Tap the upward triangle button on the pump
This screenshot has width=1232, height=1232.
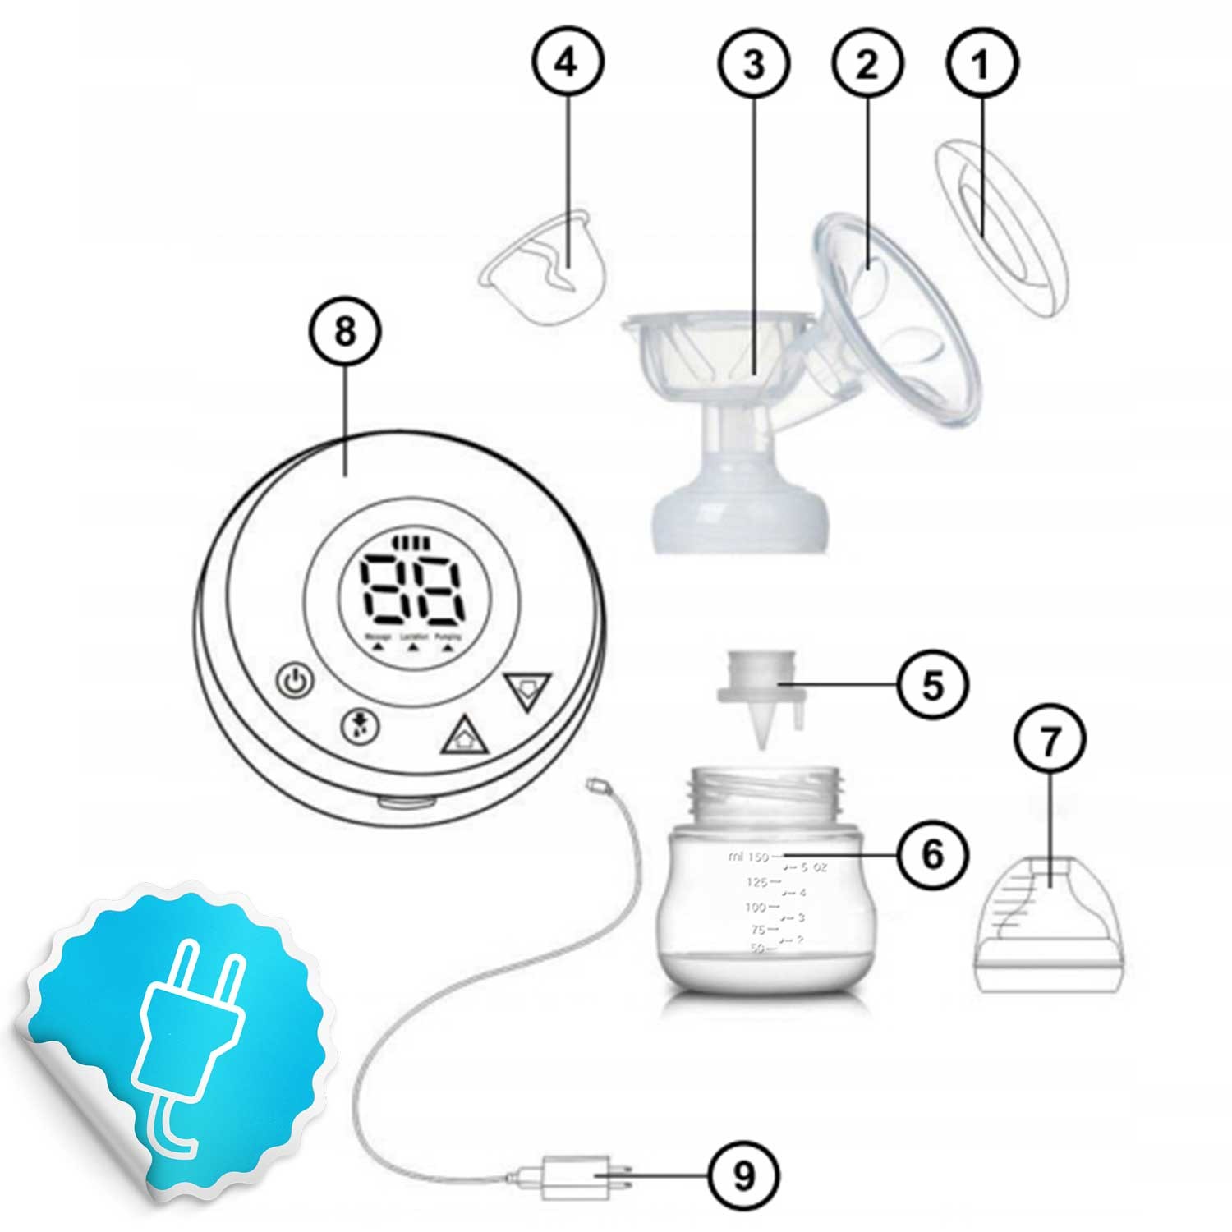pos(464,737)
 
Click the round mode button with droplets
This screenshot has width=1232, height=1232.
pos(360,726)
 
